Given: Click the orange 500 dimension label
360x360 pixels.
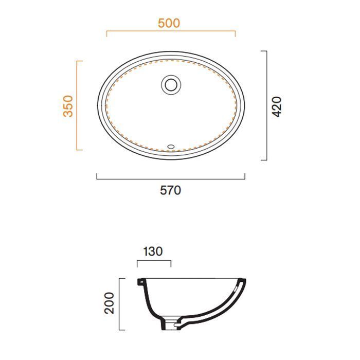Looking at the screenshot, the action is point(169,23).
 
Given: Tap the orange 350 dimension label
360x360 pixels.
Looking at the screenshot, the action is point(68,106).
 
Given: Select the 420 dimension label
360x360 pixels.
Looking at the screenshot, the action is point(277,107).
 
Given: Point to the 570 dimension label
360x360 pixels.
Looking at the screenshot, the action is point(170,190).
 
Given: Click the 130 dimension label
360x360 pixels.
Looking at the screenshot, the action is point(153,251).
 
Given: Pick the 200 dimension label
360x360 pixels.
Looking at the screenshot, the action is point(109,303).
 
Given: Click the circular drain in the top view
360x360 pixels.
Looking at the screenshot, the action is point(171,84).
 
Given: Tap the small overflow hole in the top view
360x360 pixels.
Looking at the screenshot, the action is point(171,146).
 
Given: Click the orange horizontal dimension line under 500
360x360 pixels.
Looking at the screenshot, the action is point(171,31).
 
